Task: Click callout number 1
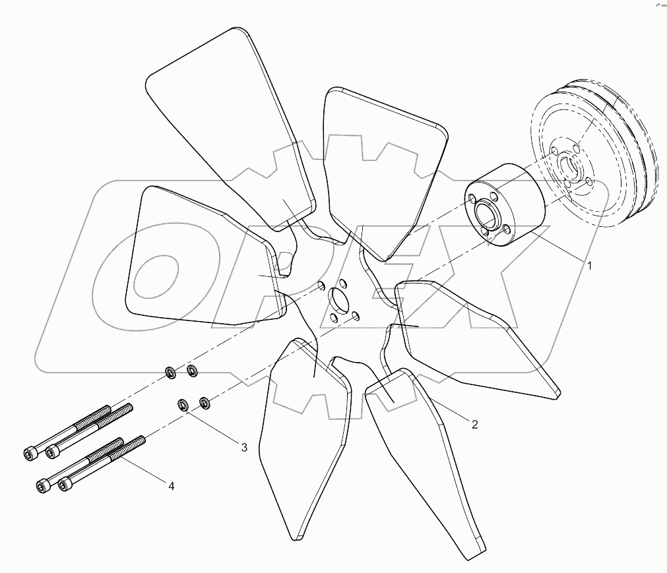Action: point(590,266)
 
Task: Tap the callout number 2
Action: point(474,424)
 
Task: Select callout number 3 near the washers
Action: point(243,447)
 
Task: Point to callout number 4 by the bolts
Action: point(171,486)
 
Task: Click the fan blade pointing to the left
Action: point(198,257)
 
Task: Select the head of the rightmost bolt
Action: point(64,485)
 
